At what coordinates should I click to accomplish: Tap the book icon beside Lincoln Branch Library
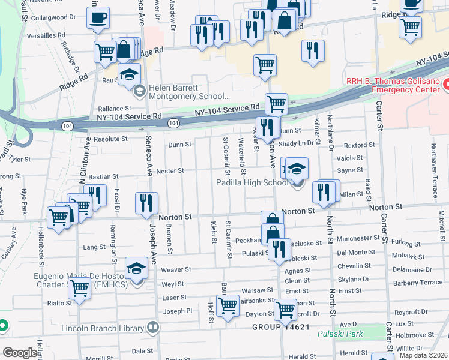154,328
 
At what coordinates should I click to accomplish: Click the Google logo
20,353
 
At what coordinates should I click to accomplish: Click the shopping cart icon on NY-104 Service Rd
276,104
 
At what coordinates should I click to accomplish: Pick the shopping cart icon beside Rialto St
79,289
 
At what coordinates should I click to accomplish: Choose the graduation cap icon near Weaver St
136,268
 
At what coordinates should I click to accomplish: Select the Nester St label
170,171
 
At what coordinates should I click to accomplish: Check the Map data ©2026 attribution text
423,355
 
